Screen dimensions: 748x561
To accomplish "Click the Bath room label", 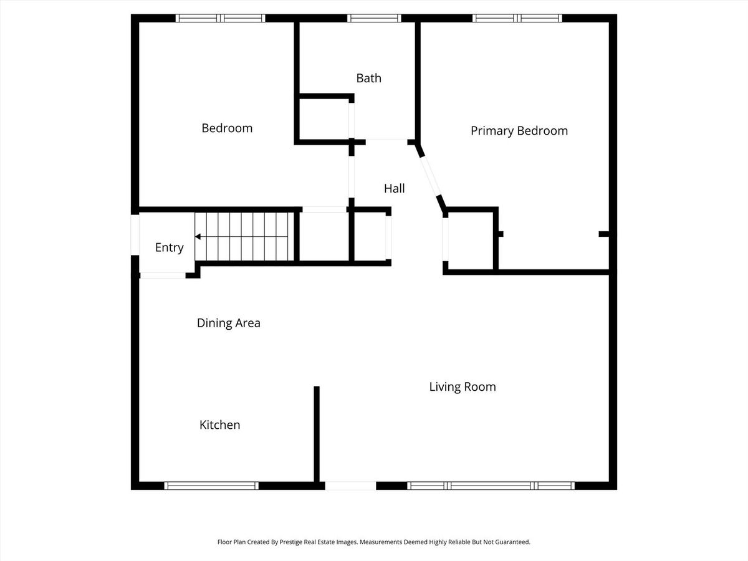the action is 369,79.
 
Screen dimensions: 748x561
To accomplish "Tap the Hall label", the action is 395,188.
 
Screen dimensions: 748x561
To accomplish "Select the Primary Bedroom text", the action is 519,131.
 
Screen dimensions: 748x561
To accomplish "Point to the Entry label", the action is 169,247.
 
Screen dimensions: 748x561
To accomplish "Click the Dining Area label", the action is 228,323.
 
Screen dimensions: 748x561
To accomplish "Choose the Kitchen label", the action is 220,424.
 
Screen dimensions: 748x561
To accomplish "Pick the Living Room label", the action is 463,386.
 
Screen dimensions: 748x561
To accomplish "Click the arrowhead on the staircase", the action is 198,236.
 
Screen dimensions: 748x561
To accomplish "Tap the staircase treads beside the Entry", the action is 244,236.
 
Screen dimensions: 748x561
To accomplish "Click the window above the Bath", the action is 374,18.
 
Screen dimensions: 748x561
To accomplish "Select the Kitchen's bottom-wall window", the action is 211,486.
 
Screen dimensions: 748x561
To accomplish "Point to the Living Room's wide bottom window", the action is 491,486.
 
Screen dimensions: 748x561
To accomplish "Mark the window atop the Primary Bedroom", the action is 517,18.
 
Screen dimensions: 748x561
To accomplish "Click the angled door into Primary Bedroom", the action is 430,176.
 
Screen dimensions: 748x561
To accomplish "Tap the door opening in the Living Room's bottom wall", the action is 351,486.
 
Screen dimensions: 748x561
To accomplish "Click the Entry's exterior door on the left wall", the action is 135,235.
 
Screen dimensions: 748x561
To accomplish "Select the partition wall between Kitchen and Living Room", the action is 317,434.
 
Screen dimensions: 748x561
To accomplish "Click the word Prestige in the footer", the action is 291,542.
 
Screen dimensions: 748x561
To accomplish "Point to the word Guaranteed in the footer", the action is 512,542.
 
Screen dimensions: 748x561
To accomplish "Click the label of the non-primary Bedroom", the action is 227,128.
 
